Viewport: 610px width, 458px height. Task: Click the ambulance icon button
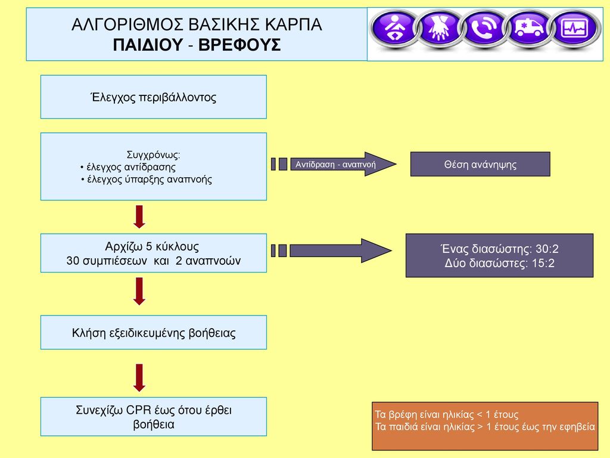pos(528,28)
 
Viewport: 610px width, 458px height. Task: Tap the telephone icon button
pos(484,28)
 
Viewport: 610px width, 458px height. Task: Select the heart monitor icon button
pos(574,28)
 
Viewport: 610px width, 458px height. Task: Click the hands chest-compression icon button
pos(440,28)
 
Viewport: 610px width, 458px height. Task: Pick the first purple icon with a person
pos(394,28)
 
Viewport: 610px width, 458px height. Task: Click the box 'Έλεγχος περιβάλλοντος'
pos(154,97)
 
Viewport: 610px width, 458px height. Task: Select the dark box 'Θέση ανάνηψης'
pos(480,164)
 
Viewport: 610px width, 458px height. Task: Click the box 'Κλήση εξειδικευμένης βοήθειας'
pos(154,332)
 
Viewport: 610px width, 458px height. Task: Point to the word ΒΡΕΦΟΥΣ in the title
pos(239,45)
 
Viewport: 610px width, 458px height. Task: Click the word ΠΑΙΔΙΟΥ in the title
pos(148,45)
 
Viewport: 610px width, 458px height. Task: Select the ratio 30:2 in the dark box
pos(547,249)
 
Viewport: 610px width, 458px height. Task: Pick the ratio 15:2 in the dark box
pos(543,263)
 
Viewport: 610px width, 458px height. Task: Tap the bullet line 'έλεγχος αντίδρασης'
pos(128,167)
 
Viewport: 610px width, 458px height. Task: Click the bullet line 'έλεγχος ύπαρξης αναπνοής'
pos(147,180)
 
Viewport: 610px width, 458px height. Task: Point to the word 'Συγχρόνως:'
pos(153,154)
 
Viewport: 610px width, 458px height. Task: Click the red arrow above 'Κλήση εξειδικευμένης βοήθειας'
pos(139,291)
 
